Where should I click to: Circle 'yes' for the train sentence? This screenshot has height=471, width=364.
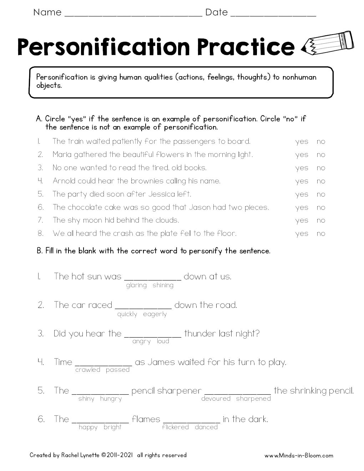pos(302,142)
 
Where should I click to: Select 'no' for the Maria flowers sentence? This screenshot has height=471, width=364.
pos(321,155)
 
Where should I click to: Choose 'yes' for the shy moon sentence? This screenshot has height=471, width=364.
pos(302,221)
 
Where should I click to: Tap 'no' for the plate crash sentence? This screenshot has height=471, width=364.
pos(321,234)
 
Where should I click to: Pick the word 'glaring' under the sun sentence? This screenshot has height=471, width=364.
pos(136,285)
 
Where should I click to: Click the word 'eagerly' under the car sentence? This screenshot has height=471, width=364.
pos(155,314)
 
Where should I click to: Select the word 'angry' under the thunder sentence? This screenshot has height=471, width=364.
pos(141,341)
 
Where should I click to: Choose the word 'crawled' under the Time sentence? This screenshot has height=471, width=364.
pos(88,370)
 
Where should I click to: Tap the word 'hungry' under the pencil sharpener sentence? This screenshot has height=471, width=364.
pos(111,399)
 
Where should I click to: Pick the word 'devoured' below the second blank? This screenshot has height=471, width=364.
pos(216,399)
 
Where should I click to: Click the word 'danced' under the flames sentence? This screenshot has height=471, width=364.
pos(206,427)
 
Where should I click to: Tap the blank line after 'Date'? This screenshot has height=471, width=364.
pos(273,14)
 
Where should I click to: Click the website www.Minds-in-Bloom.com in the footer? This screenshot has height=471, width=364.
pos(299,455)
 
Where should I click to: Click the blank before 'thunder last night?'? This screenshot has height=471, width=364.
pos(153,335)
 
